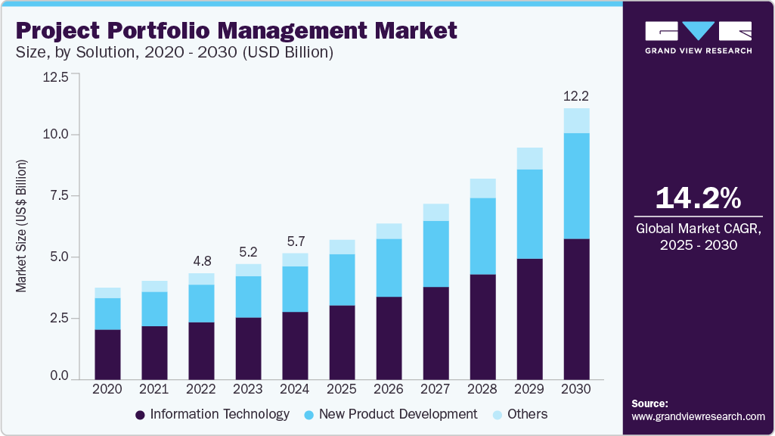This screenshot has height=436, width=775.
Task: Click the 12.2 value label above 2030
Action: [x=576, y=96]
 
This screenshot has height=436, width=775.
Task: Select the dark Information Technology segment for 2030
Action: [x=576, y=308]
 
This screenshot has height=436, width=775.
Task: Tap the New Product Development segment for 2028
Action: [x=482, y=236]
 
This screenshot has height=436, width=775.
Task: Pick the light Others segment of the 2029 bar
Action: [x=529, y=159]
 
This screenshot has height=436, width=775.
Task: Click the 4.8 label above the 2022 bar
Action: [x=201, y=261]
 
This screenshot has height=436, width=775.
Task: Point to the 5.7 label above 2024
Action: [x=295, y=241]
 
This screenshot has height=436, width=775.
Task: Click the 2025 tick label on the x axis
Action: [x=342, y=388]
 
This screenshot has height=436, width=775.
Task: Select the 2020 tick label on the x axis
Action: [x=107, y=388]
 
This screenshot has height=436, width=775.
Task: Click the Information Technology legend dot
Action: [x=140, y=415]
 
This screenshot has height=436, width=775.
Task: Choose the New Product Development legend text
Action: [x=398, y=414]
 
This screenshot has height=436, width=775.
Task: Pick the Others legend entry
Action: [x=519, y=414]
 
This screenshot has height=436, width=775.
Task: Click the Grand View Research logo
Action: [x=698, y=37]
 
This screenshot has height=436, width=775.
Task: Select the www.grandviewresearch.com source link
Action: [x=698, y=416]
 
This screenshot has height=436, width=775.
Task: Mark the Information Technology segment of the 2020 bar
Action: [x=107, y=353]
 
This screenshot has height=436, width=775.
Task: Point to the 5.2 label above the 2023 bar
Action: [x=248, y=251]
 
